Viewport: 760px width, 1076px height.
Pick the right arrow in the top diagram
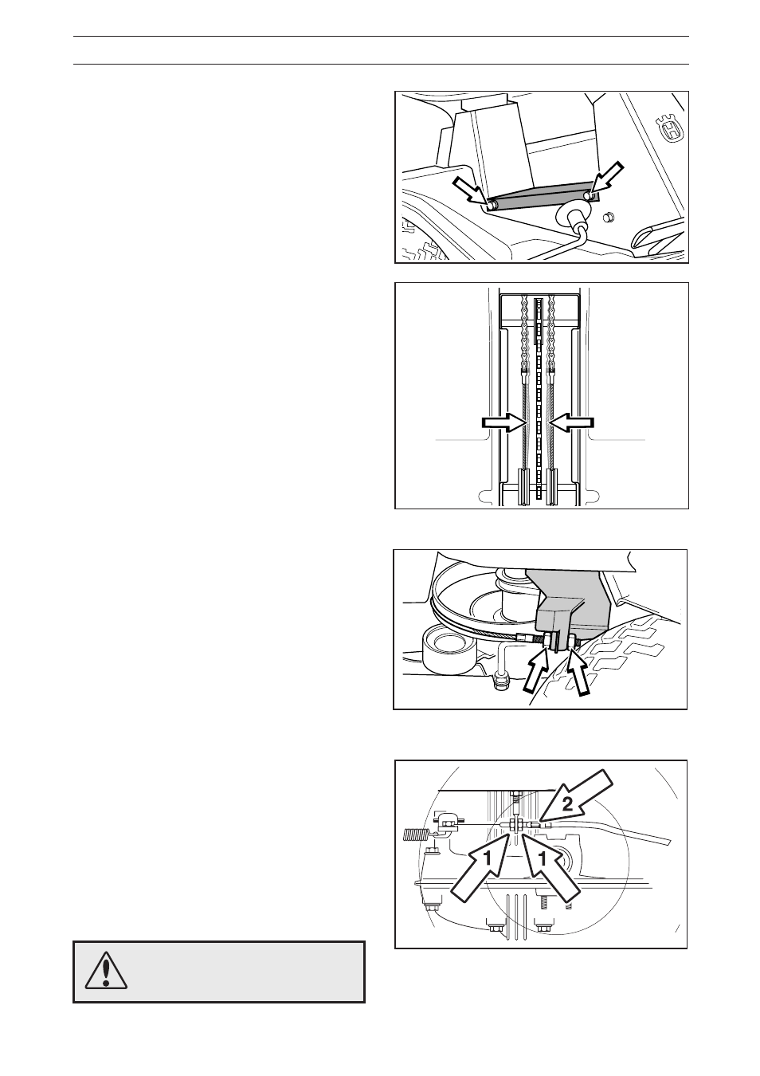point(608,179)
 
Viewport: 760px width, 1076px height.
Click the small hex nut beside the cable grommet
point(608,218)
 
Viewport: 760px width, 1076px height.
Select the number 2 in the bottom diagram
point(567,804)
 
